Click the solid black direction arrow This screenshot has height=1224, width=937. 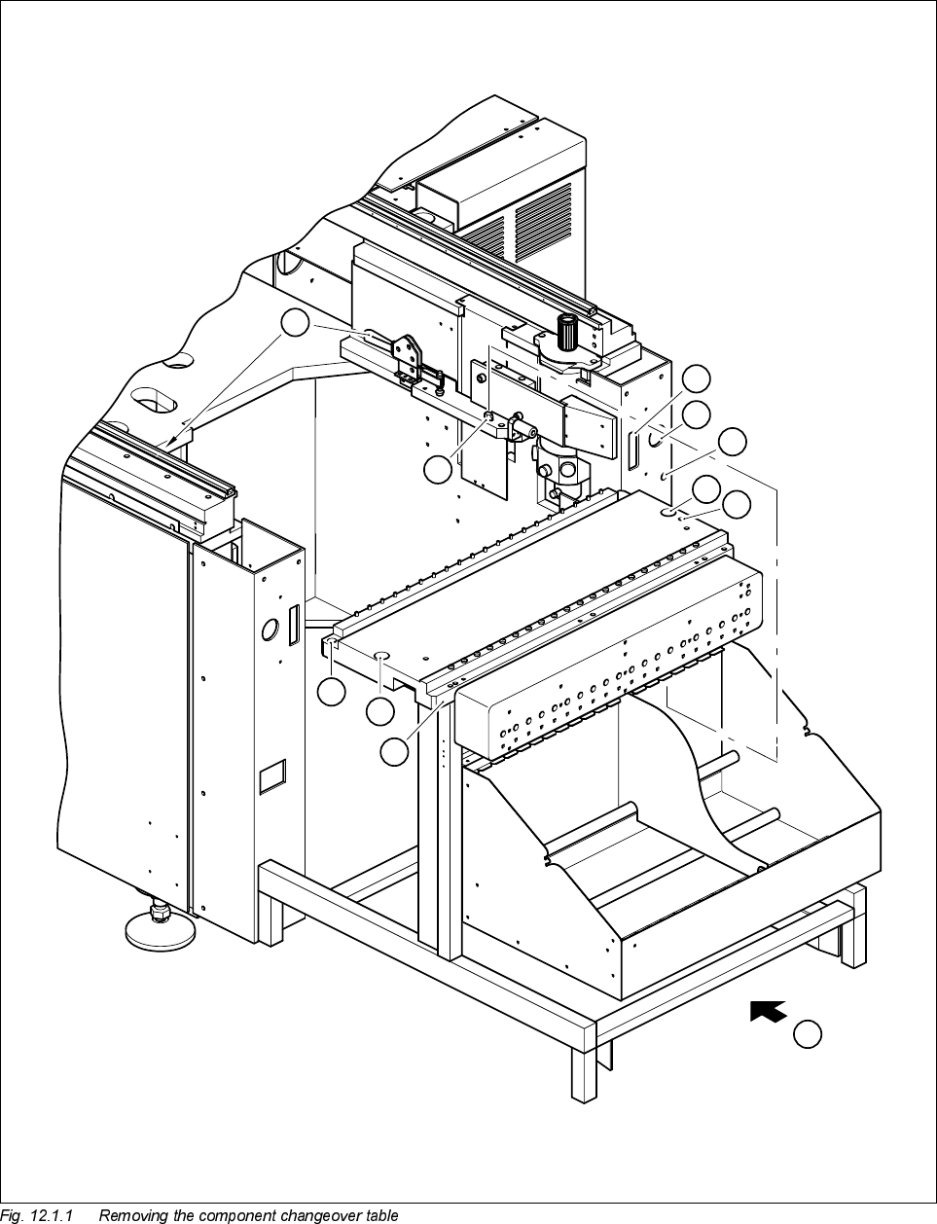769,1011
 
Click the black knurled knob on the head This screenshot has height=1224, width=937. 564,333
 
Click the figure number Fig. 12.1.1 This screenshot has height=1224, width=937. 37,1215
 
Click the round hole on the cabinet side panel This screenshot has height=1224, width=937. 270,630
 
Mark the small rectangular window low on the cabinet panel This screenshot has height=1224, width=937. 271,775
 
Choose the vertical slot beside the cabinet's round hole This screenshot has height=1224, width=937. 292,624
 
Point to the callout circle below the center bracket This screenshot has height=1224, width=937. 439,469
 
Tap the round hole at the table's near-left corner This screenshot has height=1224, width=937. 380,658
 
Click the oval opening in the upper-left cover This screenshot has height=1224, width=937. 154,401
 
